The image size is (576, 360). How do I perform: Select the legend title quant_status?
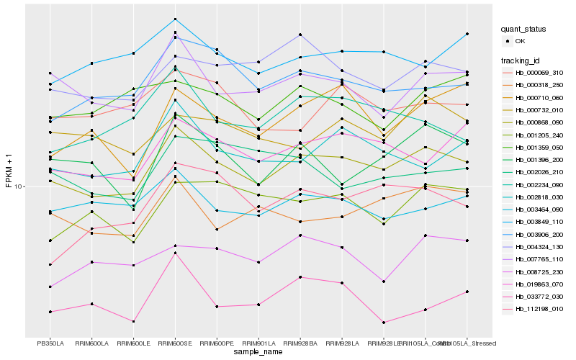point(524,30)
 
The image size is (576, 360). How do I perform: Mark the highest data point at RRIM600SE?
point(175,19)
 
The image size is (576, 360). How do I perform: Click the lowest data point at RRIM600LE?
point(133,321)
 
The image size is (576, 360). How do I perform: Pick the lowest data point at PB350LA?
point(50,312)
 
